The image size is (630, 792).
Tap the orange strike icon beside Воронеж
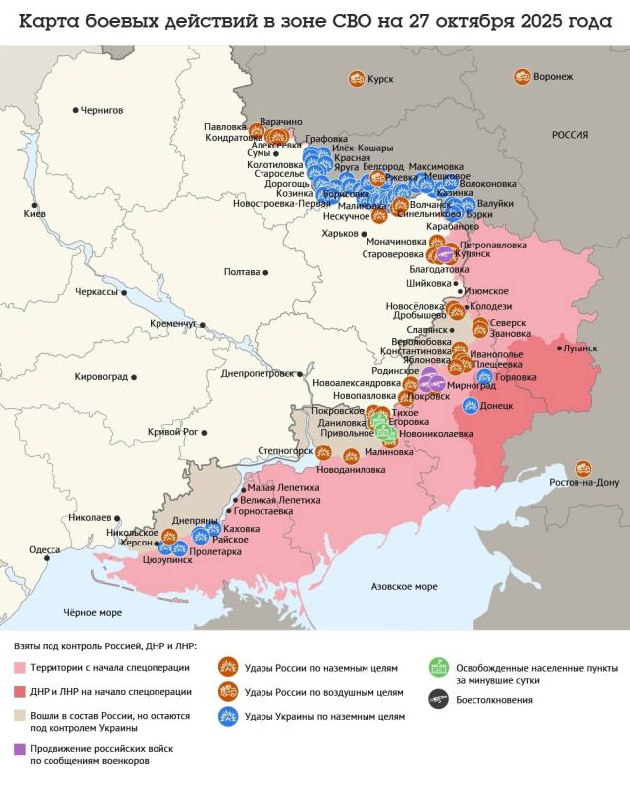coord(523,76)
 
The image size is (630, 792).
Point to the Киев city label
coord(34,214)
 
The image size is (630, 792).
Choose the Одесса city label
coord(45,549)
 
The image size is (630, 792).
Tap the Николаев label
coord(92,517)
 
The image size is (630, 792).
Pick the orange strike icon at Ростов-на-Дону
coord(585,467)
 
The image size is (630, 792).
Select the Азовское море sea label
coord(403,587)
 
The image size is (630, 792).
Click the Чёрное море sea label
coord(92,612)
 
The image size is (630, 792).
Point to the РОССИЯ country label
coord(570,134)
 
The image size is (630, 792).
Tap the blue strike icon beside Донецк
coord(471,405)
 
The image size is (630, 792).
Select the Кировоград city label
coord(103,376)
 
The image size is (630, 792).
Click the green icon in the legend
coord(435,668)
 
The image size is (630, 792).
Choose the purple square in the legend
coord(21,749)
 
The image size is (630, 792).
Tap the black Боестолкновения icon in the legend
coord(435,700)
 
